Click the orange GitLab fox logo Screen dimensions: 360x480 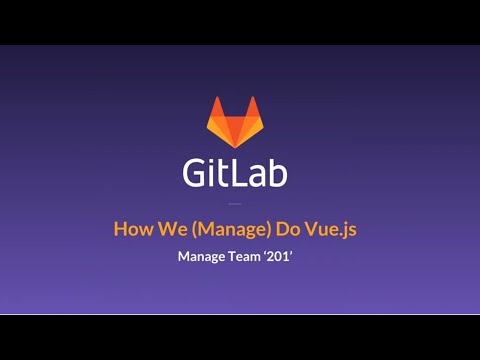coord(234,122)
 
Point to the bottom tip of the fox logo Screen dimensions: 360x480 coord(234,146)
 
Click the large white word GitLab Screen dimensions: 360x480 coord(235,173)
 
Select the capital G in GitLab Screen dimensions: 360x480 coord(197,173)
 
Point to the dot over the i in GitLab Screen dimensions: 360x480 coord(214,161)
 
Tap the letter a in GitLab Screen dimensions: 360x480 coord(258,176)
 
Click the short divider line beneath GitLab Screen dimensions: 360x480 coord(235,203)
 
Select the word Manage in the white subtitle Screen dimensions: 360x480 coord(201,257)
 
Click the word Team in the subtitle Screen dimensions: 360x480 coord(247,256)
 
